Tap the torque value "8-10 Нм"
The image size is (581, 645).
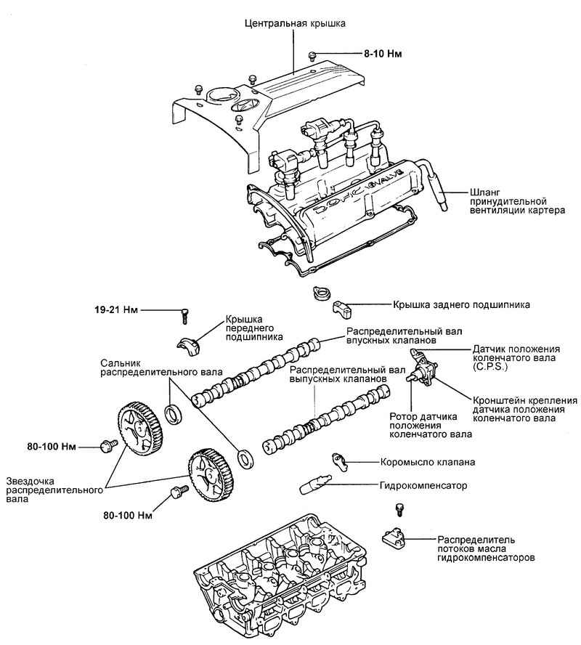383,54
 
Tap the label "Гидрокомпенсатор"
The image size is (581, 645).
423,484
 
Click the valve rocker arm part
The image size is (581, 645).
341,461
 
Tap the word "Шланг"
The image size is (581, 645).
476,190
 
